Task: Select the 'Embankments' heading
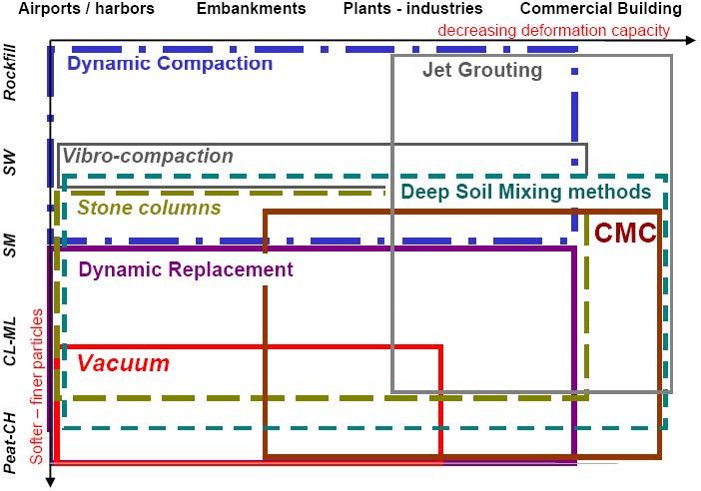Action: [251, 9]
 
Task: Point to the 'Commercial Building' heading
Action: [600, 9]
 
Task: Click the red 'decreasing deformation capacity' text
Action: [553, 30]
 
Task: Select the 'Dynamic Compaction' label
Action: [169, 64]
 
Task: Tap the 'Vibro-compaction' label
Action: [148, 157]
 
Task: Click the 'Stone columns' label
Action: [149, 209]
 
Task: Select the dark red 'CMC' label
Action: [625, 234]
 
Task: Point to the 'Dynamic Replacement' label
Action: [186, 269]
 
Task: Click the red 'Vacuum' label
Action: [123, 363]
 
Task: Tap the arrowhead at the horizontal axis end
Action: [691, 41]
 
